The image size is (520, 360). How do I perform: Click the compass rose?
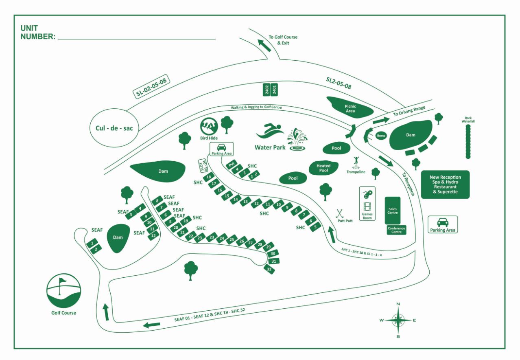(398, 320)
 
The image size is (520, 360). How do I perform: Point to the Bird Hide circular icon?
(209, 126)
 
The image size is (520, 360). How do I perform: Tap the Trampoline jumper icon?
(357, 161)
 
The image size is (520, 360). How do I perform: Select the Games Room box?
(367, 204)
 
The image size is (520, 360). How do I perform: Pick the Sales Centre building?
(393, 210)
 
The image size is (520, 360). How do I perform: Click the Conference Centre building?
(396, 230)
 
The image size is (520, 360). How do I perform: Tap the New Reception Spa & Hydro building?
(445, 184)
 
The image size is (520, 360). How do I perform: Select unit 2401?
(275, 90)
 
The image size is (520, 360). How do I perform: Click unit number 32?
(269, 269)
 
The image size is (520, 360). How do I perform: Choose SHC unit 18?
(209, 177)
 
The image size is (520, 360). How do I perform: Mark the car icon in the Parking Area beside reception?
(442, 222)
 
